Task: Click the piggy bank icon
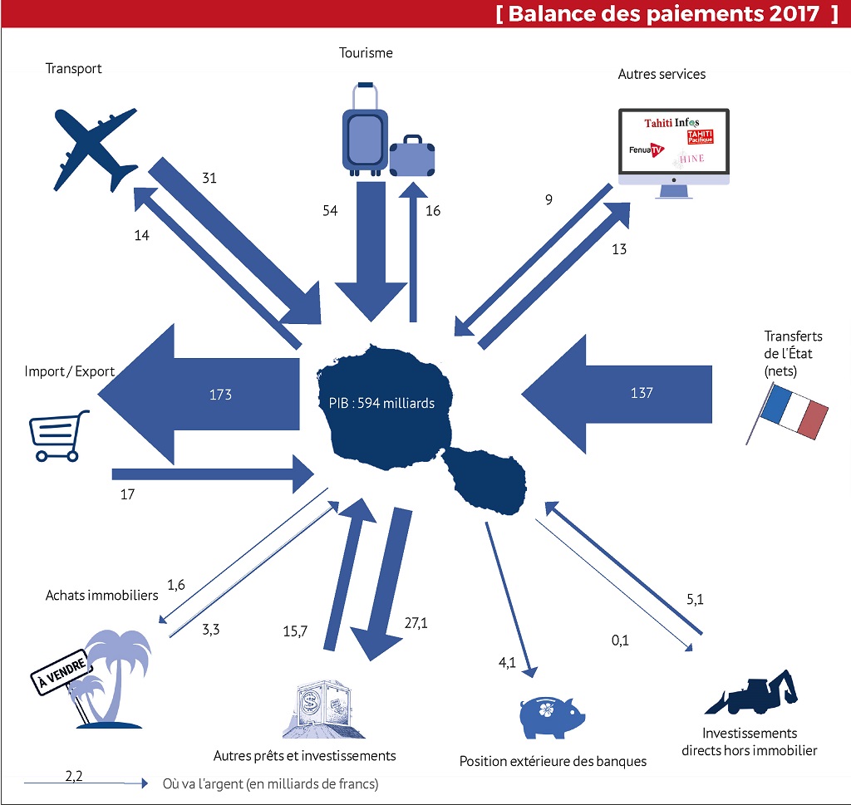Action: pos(550,713)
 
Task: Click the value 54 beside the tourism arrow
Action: pos(330,210)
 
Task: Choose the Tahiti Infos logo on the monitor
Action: pos(671,124)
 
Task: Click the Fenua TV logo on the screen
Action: pos(649,150)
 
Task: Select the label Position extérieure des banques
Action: pos(553,761)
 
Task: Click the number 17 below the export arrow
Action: pos(127,493)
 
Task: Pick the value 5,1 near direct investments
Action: pos(696,599)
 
